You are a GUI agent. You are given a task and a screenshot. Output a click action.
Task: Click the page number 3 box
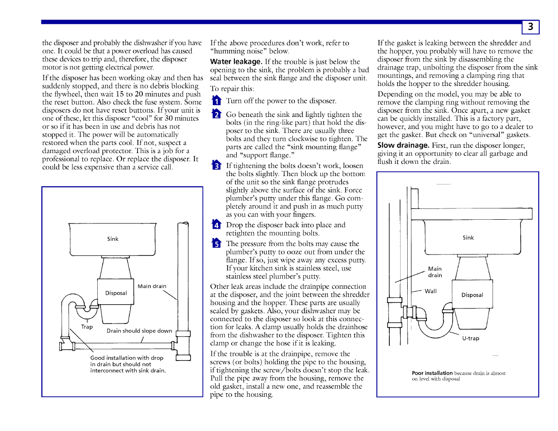(530, 27)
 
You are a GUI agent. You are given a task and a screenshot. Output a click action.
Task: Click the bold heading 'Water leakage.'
(236, 62)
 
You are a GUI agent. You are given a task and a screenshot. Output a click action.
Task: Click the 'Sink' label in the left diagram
(113, 239)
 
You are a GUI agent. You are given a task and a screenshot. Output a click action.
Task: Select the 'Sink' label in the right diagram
(468, 238)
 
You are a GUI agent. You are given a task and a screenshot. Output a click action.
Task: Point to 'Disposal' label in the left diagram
(116, 293)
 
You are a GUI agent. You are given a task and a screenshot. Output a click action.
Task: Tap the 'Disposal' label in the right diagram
(472, 295)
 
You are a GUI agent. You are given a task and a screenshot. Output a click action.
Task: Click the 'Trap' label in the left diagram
(87, 327)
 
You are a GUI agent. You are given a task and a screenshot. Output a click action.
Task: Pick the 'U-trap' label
(471, 338)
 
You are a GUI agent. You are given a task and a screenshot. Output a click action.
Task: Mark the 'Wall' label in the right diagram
(431, 291)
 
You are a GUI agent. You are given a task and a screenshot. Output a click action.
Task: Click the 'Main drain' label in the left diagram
(152, 286)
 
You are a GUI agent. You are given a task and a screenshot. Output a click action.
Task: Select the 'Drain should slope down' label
(139, 331)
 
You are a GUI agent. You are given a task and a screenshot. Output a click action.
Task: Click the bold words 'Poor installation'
(432, 373)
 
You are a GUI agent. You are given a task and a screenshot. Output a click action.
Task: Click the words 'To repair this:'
(232, 88)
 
